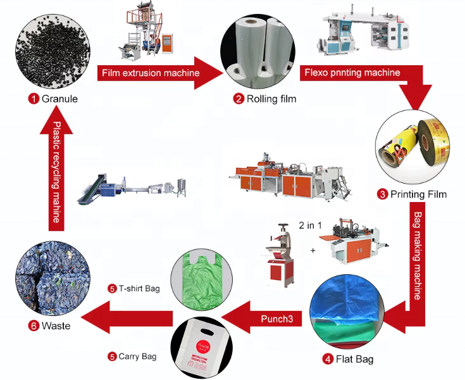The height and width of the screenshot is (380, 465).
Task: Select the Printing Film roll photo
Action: point(412,149)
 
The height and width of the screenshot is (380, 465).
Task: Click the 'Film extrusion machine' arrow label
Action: point(150,73)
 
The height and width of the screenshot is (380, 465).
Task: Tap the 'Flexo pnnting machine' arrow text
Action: point(351,72)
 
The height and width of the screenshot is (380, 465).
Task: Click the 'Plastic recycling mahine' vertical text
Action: point(57,172)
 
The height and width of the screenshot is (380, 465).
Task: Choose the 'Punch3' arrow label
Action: point(276,319)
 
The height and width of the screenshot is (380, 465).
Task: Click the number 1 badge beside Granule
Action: point(32,98)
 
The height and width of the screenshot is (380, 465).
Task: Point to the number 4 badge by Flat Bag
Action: point(328,359)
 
